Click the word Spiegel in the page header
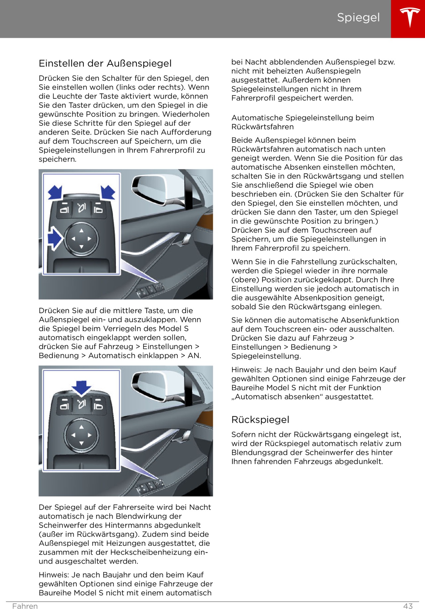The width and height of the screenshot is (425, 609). click(x=358, y=17)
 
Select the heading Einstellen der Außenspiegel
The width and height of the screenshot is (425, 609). click(x=105, y=63)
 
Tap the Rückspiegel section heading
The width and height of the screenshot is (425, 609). click(x=260, y=420)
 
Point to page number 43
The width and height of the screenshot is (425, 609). click(x=408, y=606)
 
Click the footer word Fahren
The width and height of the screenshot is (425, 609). click(x=25, y=606)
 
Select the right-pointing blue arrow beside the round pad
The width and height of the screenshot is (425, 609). click(x=55, y=238)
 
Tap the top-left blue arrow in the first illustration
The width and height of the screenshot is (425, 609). click(x=55, y=192)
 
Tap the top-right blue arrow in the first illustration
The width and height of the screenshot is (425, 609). click(x=108, y=192)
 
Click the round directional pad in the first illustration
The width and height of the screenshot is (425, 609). click(x=81, y=239)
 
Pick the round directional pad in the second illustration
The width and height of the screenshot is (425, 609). click(x=81, y=435)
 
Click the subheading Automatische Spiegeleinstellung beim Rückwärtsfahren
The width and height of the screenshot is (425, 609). click(x=302, y=122)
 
